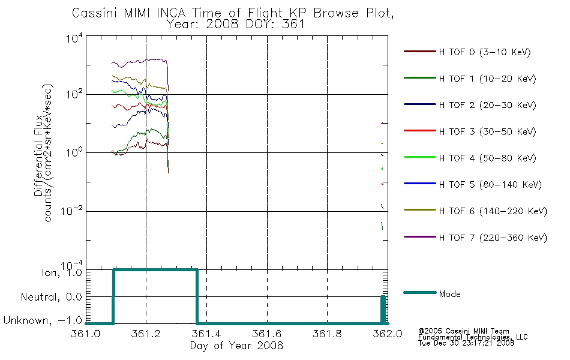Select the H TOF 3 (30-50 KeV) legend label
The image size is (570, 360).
(487, 131)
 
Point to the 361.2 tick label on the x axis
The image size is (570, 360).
(146, 334)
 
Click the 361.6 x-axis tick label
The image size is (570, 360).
(267, 334)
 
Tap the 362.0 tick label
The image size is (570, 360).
(388, 334)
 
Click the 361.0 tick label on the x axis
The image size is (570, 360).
(86, 334)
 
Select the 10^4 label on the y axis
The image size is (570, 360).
(74, 38)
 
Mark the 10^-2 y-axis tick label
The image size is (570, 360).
(72, 211)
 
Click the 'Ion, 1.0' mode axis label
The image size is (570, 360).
(62, 272)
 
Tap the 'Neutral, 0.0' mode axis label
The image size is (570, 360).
(51, 297)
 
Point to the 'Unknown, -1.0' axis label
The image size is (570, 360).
(43, 320)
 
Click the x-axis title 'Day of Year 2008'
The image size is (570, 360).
(236, 346)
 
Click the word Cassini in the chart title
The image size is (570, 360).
(95, 13)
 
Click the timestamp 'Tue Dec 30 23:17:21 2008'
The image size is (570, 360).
(466, 343)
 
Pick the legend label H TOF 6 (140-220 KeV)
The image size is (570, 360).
(493, 211)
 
